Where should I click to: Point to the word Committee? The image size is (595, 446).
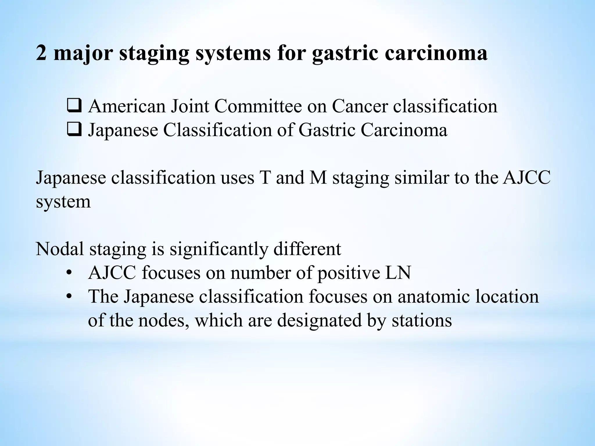tap(258, 106)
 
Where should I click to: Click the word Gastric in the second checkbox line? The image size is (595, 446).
tap(327, 130)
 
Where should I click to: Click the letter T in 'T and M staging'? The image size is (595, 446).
tap(265, 178)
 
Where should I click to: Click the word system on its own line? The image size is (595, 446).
tap(63, 202)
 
